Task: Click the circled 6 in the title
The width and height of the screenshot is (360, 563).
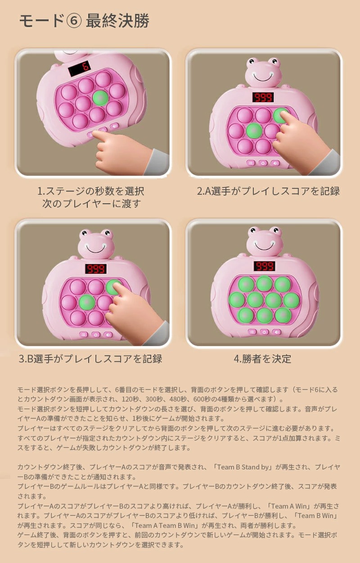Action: [x=73, y=21]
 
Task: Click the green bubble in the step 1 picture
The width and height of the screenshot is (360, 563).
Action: [x=100, y=98]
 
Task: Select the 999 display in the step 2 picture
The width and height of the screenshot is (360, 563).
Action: [x=263, y=97]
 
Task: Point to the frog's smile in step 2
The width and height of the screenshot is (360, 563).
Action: [x=263, y=77]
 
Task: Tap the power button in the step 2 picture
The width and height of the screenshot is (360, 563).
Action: [x=263, y=163]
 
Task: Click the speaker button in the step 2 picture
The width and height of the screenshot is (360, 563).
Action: [x=275, y=163]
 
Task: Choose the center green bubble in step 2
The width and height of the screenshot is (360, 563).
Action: [x=254, y=131]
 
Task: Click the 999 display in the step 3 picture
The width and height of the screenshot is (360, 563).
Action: [x=95, y=269]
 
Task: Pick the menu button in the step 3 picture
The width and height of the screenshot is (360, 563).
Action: [x=84, y=335]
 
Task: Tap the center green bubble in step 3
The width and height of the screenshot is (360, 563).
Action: [x=87, y=303]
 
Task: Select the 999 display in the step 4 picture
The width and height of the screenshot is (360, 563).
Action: [x=265, y=266]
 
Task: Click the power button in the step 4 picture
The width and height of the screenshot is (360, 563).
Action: [x=264, y=332]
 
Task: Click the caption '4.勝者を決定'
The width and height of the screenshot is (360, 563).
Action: [x=262, y=359]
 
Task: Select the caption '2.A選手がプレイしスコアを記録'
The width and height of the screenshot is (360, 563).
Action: [x=268, y=191]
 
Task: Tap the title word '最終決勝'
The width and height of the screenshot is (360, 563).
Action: [x=117, y=21]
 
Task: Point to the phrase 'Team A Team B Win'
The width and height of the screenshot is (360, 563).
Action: [x=165, y=525]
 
